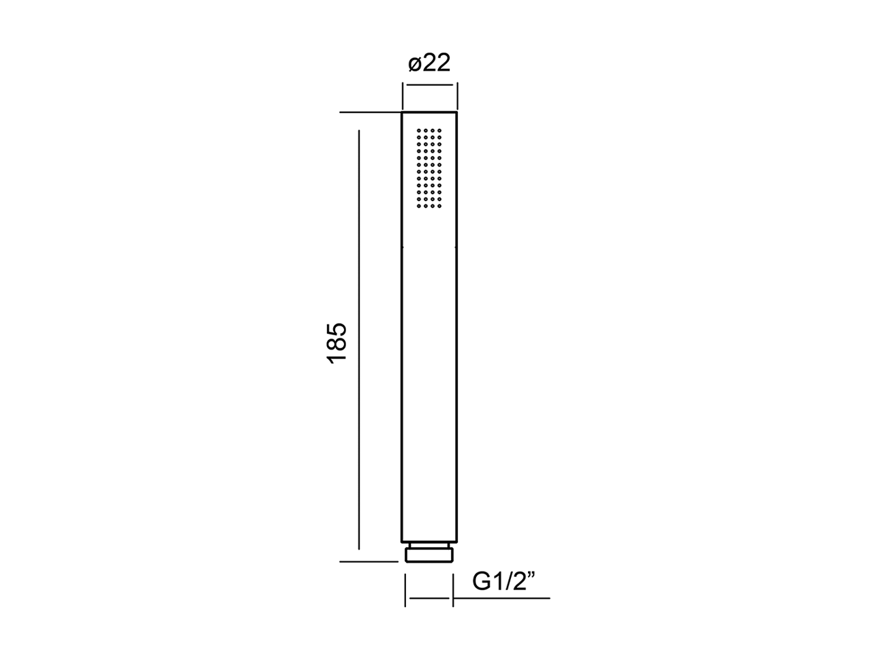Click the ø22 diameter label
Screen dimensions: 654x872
[x=429, y=63]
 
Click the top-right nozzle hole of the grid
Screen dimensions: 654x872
[x=441, y=129]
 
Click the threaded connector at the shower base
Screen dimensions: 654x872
[x=429, y=555]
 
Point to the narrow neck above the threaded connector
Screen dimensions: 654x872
[x=429, y=544]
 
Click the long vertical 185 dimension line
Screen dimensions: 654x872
[x=358, y=341]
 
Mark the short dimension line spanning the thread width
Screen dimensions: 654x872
[x=429, y=598]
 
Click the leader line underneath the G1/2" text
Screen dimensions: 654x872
[x=501, y=598]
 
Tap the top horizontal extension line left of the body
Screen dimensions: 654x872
[x=368, y=112]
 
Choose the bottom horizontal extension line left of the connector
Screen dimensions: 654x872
[x=368, y=562]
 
